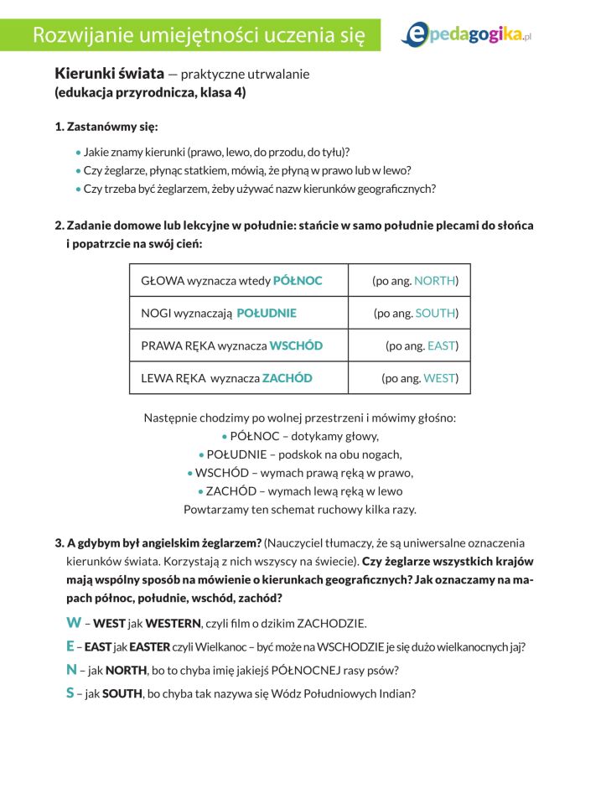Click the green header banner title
click(x=199, y=35)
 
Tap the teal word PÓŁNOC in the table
click(x=298, y=280)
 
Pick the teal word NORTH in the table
click(x=434, y=280)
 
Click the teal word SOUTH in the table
click(x=436, y=313)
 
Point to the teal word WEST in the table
click(x=438, y=378)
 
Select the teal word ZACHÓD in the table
click(x=287, y=378)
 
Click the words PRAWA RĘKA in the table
click(x=177, y=345)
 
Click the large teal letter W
click(x=74, y=623)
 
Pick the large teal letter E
click(x=70, y=646)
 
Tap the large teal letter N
click(x=71, y=670)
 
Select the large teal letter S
click(x=70, y=693)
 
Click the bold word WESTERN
click(x=174, y=624)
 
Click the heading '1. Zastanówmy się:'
click(x=106, y=127)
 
